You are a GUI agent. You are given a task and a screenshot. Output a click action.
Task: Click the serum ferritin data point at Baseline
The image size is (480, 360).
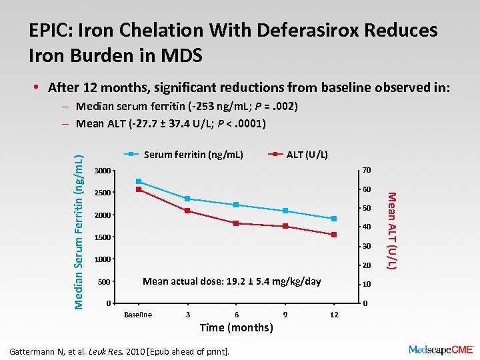(x=139, y=181)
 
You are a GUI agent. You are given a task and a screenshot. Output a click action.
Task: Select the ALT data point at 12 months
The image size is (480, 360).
(x=334, y=235)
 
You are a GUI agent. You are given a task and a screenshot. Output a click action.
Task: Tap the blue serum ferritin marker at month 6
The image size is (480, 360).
(x=236, y=205)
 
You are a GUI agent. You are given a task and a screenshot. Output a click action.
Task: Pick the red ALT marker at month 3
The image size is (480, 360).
(x=187, y=211)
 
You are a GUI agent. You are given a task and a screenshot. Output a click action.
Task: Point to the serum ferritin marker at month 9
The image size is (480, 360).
(x=285, y=211)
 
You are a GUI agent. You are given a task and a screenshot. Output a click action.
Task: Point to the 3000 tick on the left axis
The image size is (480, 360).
(x=103, y=171)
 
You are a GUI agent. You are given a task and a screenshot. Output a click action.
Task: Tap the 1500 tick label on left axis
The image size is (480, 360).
(x=103, y=237)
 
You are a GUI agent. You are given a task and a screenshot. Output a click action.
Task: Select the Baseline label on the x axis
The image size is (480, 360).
(x=139, y=315)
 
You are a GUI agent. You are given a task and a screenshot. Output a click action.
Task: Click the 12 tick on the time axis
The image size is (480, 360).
(x=334, y=315)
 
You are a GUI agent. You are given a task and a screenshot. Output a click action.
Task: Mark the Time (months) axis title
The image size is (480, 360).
(x=236, y=327)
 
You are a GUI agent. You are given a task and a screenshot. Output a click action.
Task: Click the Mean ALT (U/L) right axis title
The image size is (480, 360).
(x=393, y=231)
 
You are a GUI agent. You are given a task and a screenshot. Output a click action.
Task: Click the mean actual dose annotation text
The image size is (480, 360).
(x=231, y=281)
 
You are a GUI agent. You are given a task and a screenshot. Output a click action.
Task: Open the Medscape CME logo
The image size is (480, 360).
(x=440, y=349)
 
